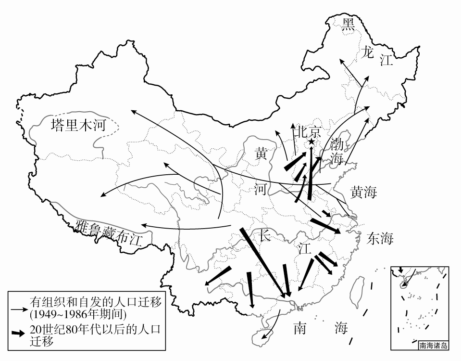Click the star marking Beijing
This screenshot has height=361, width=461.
click(x=311, y=142)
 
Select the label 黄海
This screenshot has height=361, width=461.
click(x=363, y=193)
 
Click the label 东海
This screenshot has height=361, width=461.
click(x=380, y=238)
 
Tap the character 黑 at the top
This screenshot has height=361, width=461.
click(x=348, y=24)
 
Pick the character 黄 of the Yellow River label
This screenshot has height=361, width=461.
click(x=261, y=154)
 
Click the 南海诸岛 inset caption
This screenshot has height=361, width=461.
click(x=433, y=345)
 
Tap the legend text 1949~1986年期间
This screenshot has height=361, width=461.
click(x=77, y=314)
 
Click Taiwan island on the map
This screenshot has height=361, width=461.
click(x=358, y=292)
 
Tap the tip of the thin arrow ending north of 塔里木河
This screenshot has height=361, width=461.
click(x=130, y=110)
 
